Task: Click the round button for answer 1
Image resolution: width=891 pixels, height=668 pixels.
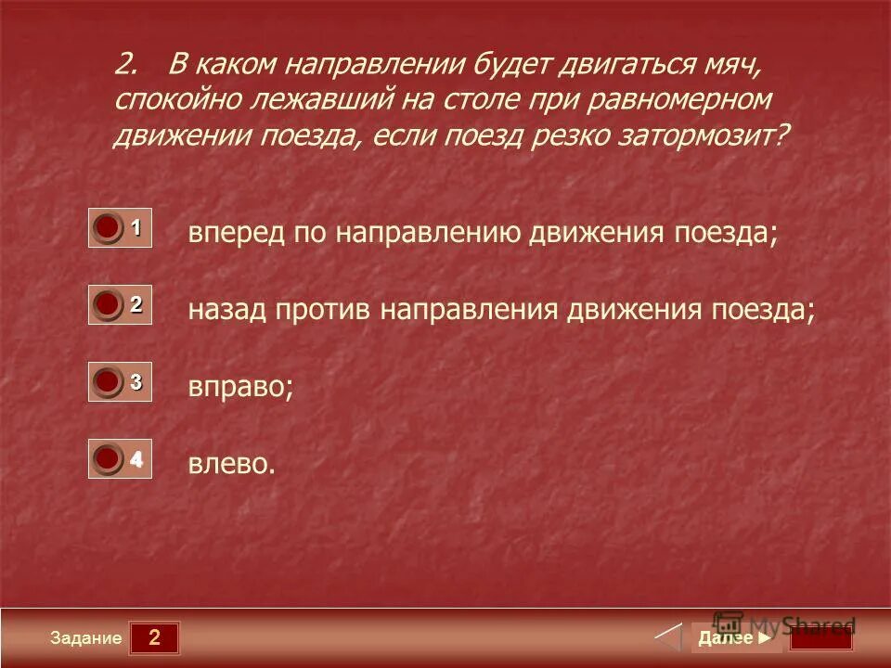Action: (109, 227)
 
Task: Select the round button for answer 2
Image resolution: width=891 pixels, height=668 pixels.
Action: (109, 303)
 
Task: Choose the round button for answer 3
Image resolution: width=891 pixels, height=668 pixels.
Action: (109, 380)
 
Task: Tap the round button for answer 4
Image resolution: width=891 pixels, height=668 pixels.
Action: (109, 458)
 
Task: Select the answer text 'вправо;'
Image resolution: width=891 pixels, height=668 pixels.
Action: (240, 387)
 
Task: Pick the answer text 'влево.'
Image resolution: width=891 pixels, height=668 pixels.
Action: (232, 463)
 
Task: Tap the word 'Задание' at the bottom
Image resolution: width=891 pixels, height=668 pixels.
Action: (86, 638)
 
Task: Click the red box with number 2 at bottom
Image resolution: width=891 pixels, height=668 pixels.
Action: (154, 637)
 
